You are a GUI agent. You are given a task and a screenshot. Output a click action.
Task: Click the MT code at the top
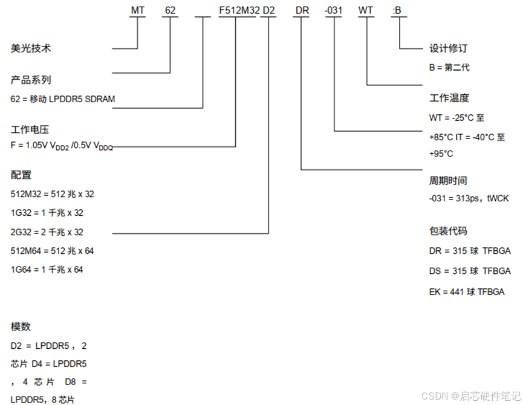pyautogui.click(x=138, y=10)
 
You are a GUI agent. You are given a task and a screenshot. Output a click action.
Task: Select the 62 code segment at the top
pyautogui.click(x=171, y=10)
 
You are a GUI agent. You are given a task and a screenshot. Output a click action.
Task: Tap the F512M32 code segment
pyautogui.click(x=238, y=10)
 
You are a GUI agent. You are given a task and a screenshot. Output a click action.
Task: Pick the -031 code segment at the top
pyautogui.click(x=334, y=10)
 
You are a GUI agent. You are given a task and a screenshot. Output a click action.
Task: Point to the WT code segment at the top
pyautogui.click(x=366, y=10)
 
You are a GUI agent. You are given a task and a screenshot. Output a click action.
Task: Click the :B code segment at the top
pyautogui.click(x=397, y=10)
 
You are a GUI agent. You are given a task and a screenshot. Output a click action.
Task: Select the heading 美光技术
pyautogui.click(x=31, y=48)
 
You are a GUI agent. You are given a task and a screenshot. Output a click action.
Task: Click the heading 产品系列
pyautogui.click(x=31, y=80)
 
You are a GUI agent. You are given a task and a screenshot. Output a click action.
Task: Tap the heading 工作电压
pyautogui.click(x=31, y=129)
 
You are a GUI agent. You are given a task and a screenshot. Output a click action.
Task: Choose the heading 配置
pyautogui.click(x=21, y=175)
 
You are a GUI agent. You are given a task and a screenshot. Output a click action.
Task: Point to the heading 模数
pyautogui.click(x=21, y=327)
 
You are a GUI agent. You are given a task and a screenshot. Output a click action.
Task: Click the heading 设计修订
pyautogui.click(x=449, y=48)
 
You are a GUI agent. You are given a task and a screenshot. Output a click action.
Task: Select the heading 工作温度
pyautogui.click(x=449, y=98)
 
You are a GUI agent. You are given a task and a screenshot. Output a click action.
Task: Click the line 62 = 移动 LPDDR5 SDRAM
pyautogui.click(x=63, y=99)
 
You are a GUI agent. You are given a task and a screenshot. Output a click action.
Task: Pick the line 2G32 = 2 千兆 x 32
pyautogui.click(x=47, y=232)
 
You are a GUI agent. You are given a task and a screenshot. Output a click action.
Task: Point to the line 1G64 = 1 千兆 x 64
pyautogui.click(x=47, y=270)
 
